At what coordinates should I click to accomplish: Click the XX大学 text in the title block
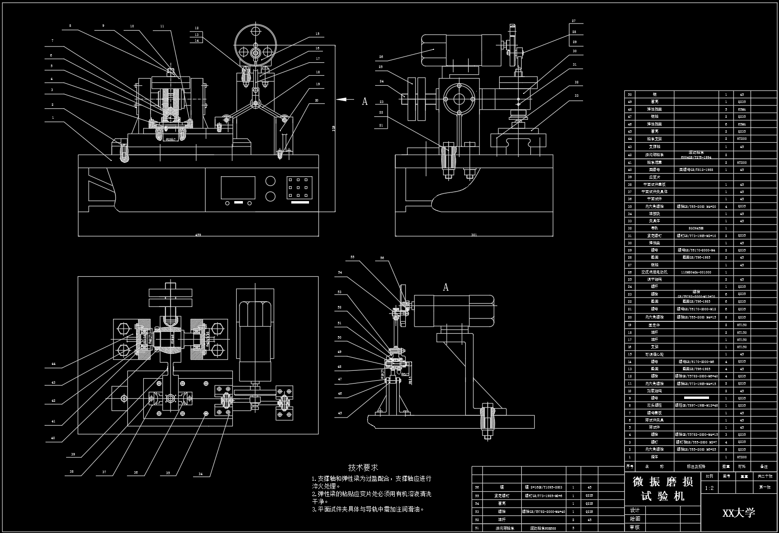[x=738, y=513]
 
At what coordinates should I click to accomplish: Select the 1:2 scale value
[x=710, y=488]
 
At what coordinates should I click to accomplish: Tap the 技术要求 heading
[x=363, y=467]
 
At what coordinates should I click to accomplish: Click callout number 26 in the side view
[x=381, y=57]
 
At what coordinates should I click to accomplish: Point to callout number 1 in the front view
[x=53, y=117]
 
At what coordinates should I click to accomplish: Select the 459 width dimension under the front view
[x=198, y=235]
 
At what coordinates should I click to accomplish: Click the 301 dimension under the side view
[x=474, y=235]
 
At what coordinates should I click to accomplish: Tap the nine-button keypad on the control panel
[x=299, y=188]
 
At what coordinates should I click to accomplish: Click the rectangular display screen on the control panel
[x=238, y=188]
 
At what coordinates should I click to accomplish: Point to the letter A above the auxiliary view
[x=446, y=287]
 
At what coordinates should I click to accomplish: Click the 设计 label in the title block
[x=635, y=510]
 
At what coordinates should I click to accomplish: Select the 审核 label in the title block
[x=635, y=527]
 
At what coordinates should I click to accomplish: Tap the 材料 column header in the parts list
[x=742, y=466]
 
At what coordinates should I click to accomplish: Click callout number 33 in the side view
[x=576, y=96]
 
